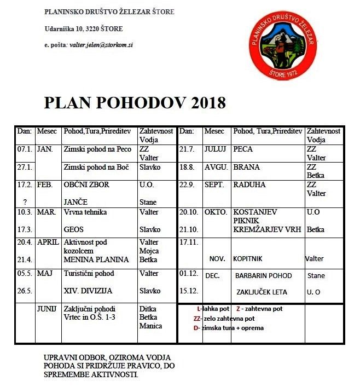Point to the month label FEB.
(x=44, y=184)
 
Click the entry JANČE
(x=76, y=202)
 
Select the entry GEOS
(x=74, y=229)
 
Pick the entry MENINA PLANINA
(x=96, y=259)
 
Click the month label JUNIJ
(x=47, y=309)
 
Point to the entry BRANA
(x=246, y=167)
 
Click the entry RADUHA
(x=249, y=184)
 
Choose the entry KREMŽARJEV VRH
(x=266, y=229)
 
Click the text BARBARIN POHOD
(x=264, y=276)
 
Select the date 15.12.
(x=188, y=292)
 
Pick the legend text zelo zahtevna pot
(x=228, y=318)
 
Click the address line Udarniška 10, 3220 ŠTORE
(x=84, y=28)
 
